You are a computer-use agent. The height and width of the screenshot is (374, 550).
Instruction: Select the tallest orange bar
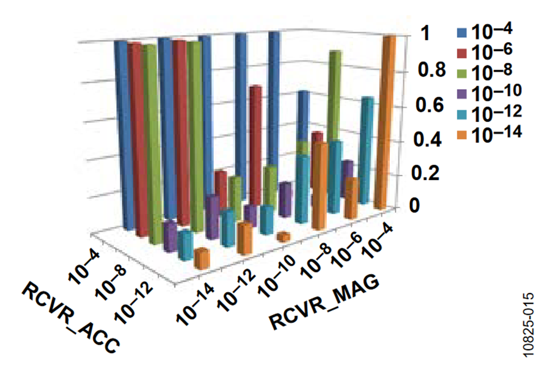(x=385, y=122)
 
